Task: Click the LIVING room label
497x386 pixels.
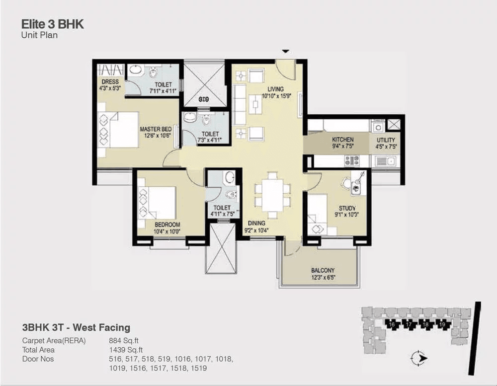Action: pyautogui.click(x=275, y=89)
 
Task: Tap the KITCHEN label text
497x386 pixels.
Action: pyautogui.click(x=342, y=140)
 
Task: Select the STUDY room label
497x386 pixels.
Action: pyautogui.click(x=347, y=208)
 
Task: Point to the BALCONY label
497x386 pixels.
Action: pyautogui.click(x=323, y=270)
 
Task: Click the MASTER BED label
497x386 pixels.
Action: pyautogui.click(x=156, y=129)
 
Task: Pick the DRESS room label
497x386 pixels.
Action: pyautogui.click(x=110, y=82)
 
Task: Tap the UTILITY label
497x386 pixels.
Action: pyautogui.click(x=386, y=140)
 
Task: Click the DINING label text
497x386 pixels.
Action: pyautogui.click(x=256, y=223)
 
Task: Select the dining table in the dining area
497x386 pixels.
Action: pyautogui.click(x=272, y=195)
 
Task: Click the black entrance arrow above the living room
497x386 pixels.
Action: pyautogui.click(x=286, y=51)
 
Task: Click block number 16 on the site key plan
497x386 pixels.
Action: pyautogui.click(x=392, y=324)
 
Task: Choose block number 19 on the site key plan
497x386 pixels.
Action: pyautogui.click(x=442, y=324)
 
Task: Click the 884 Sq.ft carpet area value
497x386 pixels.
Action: pyautogui.click(x=124, y=341)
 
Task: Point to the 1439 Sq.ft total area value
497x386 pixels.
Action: pyautogui.click(x=126, y=350)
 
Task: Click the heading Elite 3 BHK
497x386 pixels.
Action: pyautogui.click(x=53, y=24)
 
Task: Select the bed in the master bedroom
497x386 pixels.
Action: pyautogui.click(x=118, y=129)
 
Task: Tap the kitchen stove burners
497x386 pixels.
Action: pyautogui.click(x=352, y=160)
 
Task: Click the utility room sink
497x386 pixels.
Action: pyautogui.click(x=385, y=161)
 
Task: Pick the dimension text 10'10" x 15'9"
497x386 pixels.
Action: pyautogui.click(x=276, y=96)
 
